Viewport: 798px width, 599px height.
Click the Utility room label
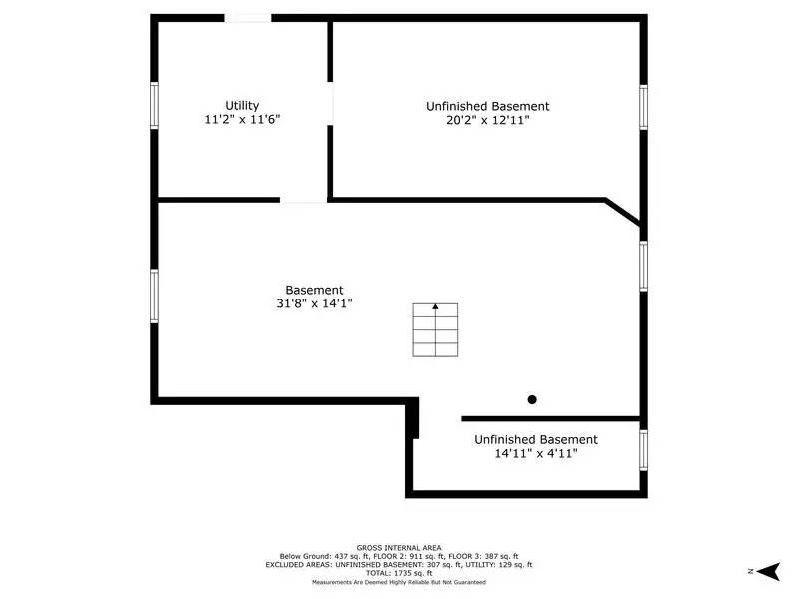click(242, 105)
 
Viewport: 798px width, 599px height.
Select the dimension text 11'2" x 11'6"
click(242, 119)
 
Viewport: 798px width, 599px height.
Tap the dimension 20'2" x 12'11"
click(487, 120)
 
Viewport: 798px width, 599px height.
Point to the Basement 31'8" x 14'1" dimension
click(314, 304)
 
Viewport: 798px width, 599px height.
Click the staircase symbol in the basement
click(435, 330)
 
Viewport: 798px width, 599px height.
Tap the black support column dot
click(532, 399)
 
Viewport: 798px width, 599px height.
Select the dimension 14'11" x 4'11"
click(536, 453)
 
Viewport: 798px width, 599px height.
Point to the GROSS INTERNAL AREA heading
click(399, 547)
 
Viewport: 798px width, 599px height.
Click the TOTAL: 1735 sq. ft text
click(399, 573)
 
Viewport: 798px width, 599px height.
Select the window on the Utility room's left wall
click(155, 105)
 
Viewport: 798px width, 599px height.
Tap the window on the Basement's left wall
click(155, 296)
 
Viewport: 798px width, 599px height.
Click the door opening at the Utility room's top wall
click(247, 18)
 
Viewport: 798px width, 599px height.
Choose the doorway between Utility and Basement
click(304, 200)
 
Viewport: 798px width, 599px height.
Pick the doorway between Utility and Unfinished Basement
click(331, 103)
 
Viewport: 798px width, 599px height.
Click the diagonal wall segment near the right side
click(624, 212)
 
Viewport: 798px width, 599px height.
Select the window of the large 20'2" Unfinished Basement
click(643, 107)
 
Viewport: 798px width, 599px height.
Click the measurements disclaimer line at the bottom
click(399, 581)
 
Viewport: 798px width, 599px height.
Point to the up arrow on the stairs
click(435, 308)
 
